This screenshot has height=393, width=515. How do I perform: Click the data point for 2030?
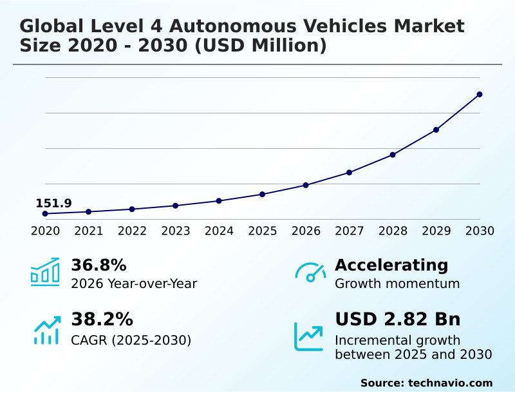click(480, 95)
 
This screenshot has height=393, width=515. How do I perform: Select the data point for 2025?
click(263, 194)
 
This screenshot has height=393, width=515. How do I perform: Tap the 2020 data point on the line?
click(45, 213)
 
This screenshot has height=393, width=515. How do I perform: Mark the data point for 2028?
click(393, 155)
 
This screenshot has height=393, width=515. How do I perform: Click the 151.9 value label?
click(53, 204)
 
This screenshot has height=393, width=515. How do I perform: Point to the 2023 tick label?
click(176, 231)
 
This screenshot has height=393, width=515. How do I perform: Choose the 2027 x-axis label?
click(350, 231)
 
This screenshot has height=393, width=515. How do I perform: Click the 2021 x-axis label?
click(89, 231)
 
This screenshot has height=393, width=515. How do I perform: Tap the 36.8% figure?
click(98, 265)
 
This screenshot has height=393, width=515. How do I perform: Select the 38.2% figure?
click(102, 320)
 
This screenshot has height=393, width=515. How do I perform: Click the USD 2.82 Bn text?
click(398, 320)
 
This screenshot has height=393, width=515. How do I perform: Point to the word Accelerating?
click(391, 265)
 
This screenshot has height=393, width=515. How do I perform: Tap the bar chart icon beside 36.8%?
click(45, 273)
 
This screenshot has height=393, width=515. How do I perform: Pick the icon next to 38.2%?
click(46, 330)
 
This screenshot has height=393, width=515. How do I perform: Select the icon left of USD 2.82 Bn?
click(309, 336)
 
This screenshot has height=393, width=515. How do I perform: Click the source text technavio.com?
click(450, 383)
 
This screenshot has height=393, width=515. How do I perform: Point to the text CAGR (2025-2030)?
click(131, 340)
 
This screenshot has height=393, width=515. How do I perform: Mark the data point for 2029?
click(436, 129)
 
